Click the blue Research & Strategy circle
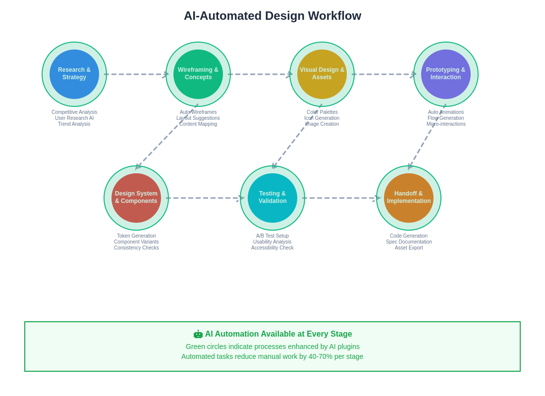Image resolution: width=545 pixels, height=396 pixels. point(74,74)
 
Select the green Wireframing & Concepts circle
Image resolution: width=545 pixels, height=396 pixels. point(198,74)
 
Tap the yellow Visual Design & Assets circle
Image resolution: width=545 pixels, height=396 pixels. point(322,74)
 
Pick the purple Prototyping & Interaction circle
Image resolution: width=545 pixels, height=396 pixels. point(445,74)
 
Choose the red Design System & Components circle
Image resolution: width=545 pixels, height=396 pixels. point(136,198)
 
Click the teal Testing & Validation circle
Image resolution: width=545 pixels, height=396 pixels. point(272,198)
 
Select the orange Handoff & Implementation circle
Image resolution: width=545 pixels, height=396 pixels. point(409,198)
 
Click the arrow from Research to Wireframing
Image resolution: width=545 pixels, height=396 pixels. point(136,74)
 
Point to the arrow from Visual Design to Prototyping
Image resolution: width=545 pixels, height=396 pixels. point(383,74)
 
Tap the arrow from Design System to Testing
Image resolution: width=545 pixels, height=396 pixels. point(205,198)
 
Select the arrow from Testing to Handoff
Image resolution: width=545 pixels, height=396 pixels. point(341,198)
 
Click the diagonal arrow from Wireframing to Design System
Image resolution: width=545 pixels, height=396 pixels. point(167,137)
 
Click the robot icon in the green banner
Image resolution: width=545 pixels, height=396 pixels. point(198,334)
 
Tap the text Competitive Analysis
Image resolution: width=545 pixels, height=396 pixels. point(74,112)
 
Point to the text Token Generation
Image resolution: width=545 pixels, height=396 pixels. point(136,236)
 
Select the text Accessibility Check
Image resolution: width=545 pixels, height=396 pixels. point(272,247)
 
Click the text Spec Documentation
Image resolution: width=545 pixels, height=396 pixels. point(409,242)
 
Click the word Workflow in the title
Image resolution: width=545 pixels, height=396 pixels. point(334,16)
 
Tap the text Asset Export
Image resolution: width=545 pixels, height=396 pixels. point(409,247)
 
